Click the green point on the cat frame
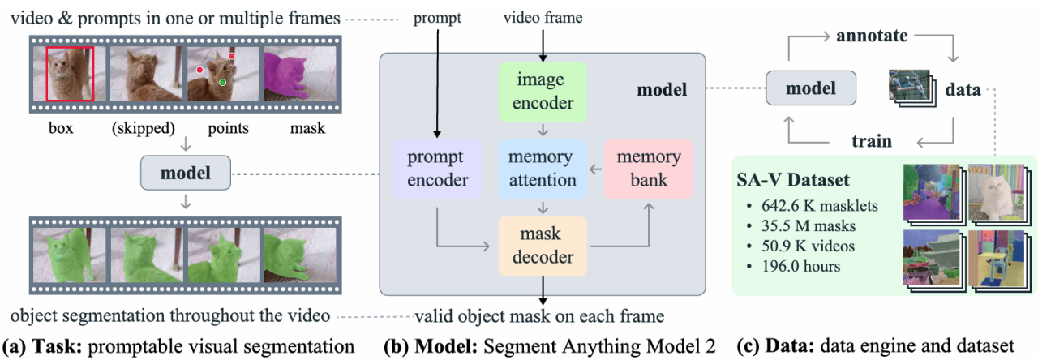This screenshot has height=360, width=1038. [222, 83]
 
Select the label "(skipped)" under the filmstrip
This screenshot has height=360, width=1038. [143, 129]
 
